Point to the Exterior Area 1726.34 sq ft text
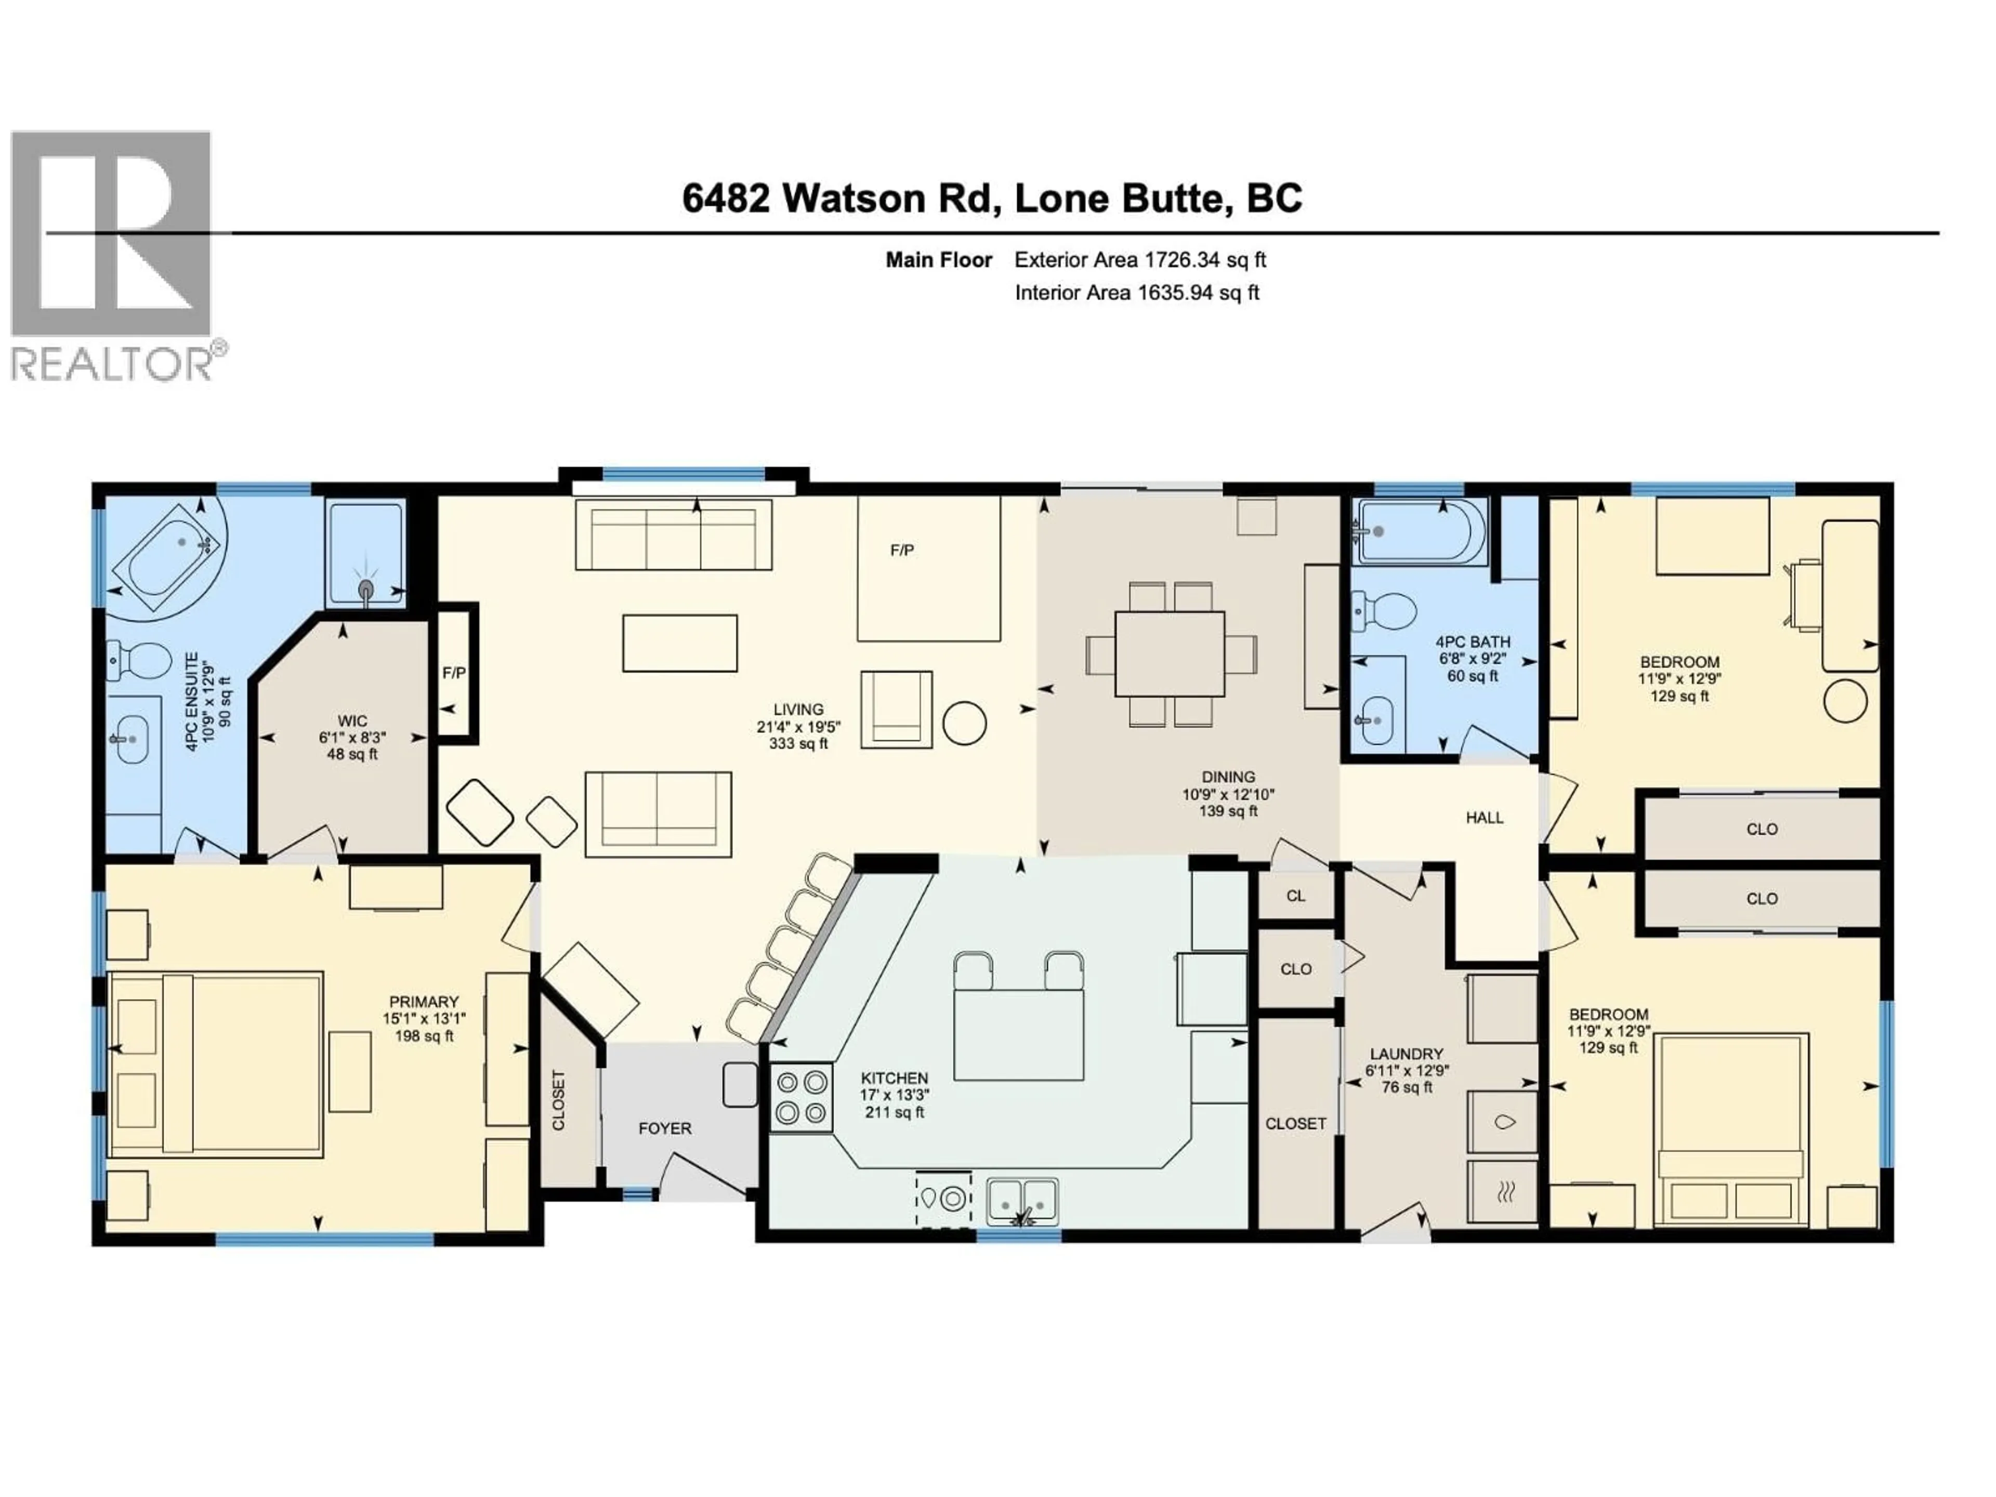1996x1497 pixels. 1140,260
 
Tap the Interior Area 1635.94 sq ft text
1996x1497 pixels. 1136,292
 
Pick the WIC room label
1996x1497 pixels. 352,721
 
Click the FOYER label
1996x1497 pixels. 664,1128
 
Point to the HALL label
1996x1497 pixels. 1485,818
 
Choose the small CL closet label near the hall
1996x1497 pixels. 1295,896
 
